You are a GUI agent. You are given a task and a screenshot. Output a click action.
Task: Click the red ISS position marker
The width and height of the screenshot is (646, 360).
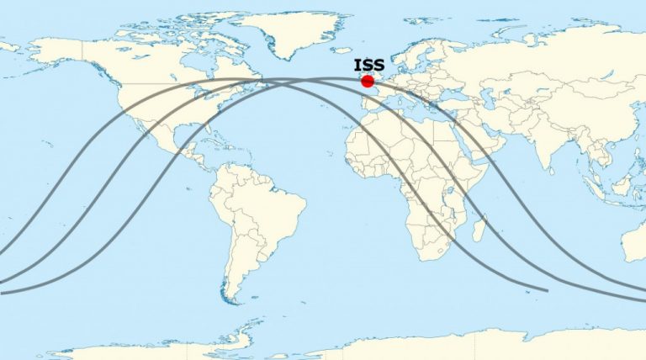367,82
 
